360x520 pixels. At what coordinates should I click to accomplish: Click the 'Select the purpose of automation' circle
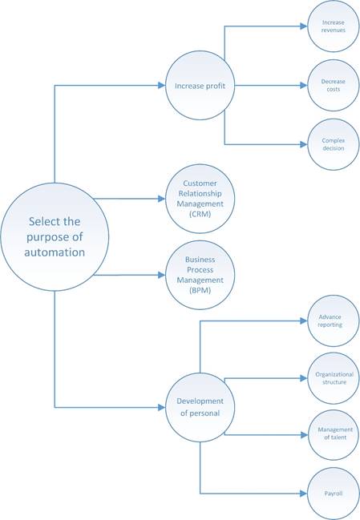point(55,237)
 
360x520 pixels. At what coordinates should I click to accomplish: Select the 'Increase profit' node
point(200,86)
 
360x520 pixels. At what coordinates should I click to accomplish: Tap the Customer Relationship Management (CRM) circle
point(200,199)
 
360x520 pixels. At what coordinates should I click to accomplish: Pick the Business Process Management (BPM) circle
point(200,275)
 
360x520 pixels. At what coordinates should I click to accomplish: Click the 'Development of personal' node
point(200,407)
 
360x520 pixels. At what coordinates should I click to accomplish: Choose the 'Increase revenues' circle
point(334,26)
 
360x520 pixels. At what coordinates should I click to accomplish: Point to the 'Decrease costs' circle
point(334,85)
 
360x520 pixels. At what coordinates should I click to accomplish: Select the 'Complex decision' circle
point(334,144)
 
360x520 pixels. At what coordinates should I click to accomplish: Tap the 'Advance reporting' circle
point(334,320)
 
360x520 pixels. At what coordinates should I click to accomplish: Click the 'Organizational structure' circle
point(334,378)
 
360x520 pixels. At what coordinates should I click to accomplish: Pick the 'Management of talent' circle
point(334,435)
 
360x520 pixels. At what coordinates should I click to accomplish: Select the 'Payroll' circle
point(334,494)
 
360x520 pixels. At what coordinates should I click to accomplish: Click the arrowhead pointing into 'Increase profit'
point(162,86)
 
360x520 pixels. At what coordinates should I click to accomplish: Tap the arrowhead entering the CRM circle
point(162,199)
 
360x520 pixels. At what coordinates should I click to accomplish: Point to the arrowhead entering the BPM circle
point(162,275)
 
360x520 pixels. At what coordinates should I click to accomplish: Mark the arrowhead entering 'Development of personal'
point(162,407)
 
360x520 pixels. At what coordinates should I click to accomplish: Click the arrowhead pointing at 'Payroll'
point(304,494)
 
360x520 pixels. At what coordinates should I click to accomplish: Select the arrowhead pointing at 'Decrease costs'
point(304,85)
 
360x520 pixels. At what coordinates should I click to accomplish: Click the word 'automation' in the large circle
point(55,252)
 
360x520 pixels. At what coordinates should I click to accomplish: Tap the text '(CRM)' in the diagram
point(200,214)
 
